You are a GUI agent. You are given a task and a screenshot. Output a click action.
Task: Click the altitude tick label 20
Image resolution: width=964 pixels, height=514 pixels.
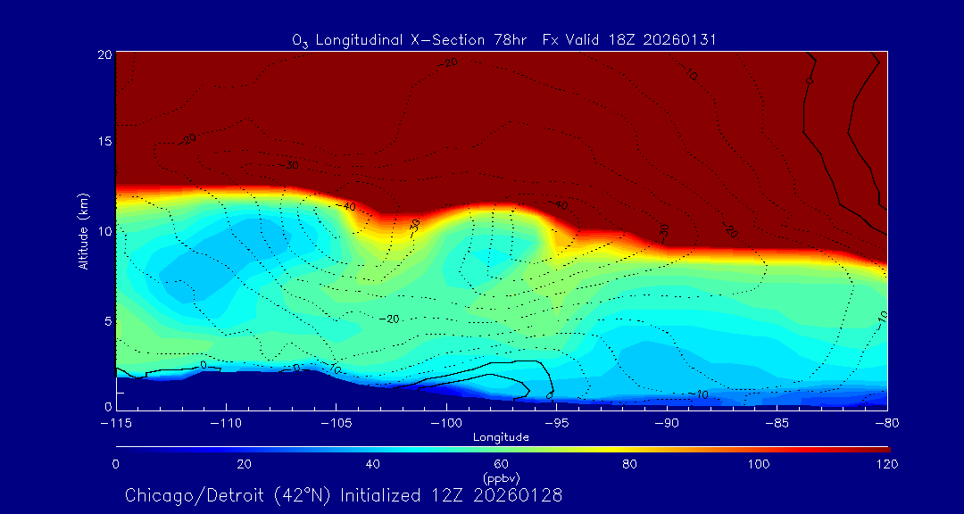pyautogui.click(x=104, y=54)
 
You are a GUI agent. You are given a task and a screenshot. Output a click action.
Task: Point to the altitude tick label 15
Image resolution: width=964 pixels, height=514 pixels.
pyautogui.click(x=104, y=142)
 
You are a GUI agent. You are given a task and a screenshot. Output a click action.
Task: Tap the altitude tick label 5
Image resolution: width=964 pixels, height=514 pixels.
pyautogui.click(x=106, y=319)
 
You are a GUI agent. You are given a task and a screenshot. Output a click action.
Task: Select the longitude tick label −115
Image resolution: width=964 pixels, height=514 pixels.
pyautogui.click(x=116, y=422)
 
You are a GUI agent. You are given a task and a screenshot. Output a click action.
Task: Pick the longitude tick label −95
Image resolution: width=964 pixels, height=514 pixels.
pyautogui.click(x=556, y=422)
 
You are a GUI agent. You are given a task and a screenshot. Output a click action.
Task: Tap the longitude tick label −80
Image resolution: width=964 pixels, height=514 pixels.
pyautogui.click(x=886, y=422)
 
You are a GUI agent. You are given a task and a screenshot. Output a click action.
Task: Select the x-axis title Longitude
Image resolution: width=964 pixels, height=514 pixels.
pyautogui.click(x=501, y=436)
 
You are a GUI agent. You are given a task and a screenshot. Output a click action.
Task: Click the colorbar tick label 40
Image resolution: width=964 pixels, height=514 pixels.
pyautogui.click(x=373, y=464)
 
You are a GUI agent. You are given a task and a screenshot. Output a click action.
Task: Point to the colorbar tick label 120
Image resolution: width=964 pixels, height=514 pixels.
pyautogui.click(x=887, y=464)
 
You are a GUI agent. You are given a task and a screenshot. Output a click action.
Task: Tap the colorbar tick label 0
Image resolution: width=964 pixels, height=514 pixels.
pyautogui.click(x=116, y=464)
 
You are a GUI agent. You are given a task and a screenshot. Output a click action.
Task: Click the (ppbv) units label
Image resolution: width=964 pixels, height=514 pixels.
pyautogui.click(x=501, y=477)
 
